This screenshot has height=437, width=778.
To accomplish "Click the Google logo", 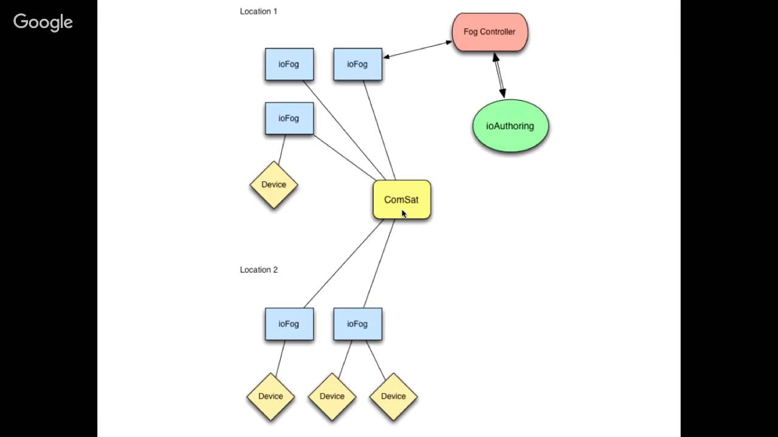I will click(x=43, y=22).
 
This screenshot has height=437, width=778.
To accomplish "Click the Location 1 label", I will click(x=258, y=11).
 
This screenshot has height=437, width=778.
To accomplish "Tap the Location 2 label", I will click(x=258, y=269).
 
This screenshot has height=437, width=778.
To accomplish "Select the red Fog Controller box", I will click(x=490, y=32).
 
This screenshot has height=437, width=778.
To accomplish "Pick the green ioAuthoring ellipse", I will click(x=510, y=126).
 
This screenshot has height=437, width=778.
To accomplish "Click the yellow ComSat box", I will click(x=401, y=199).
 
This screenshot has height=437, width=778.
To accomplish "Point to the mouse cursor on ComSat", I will click(x=404, y=213).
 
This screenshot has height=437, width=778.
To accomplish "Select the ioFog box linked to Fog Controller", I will click(x=357, y=64).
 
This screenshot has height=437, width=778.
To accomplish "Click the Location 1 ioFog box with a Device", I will click(x=289, y=118).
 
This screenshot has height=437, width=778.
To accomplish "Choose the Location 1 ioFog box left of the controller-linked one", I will click(x=289, y=64).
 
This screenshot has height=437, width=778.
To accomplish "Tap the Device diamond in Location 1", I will click(x=274, y=185).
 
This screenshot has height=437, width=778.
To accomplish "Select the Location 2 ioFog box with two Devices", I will click(x=357, y=324).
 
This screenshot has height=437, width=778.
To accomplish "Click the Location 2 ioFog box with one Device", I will click(x=289, y=324).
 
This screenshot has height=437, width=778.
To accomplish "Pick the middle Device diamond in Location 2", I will click(x=332, y=396).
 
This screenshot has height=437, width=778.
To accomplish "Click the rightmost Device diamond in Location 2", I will click(x=393, y=396).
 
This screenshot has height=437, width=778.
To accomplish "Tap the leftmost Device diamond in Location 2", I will click(x=270, y=396).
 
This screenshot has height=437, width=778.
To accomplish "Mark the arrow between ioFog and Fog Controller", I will click(x=418, y=50).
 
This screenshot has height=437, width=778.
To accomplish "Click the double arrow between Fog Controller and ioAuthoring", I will click(x=498, y=75).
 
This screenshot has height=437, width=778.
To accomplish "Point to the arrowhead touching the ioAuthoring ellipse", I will click(x=503, y=93).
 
